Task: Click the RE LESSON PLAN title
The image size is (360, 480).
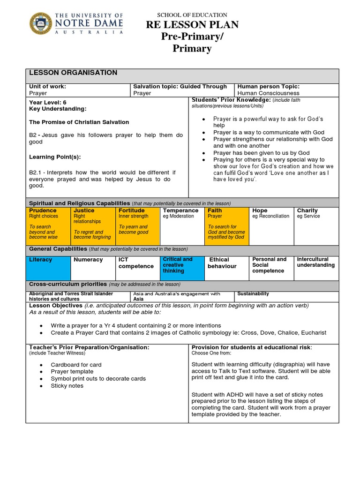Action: [x=192, y=25]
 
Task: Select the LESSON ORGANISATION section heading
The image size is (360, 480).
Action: [x=73, y=73]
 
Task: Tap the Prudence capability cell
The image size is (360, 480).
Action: [x=48, y=224]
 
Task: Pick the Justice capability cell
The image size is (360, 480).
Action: [x=93, y=224]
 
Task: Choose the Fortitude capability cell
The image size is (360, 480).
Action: [x=137, y=224]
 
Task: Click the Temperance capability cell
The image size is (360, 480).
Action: [x=182, y=224]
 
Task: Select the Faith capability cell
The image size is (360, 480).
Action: [x=227, y=224]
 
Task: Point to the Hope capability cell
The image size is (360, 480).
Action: [x=271, y=224]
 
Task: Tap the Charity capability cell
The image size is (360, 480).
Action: [x=316, y=224]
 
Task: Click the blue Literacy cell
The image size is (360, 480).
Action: [x=48, y=267]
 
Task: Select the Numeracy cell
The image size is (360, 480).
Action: [x=93, y=267]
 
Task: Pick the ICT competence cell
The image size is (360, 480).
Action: [x=137, y=267]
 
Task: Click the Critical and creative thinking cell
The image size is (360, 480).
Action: [x=182, y=267]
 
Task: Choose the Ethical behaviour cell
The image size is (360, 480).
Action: [x=227, y=267]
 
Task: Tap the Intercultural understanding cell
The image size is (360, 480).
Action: [x=316, y=267]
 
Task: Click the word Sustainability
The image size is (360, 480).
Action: [x=253, y=294]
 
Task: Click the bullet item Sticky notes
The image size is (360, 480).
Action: [x=67, y=386]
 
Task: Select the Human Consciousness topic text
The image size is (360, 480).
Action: [x=269, y=93]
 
